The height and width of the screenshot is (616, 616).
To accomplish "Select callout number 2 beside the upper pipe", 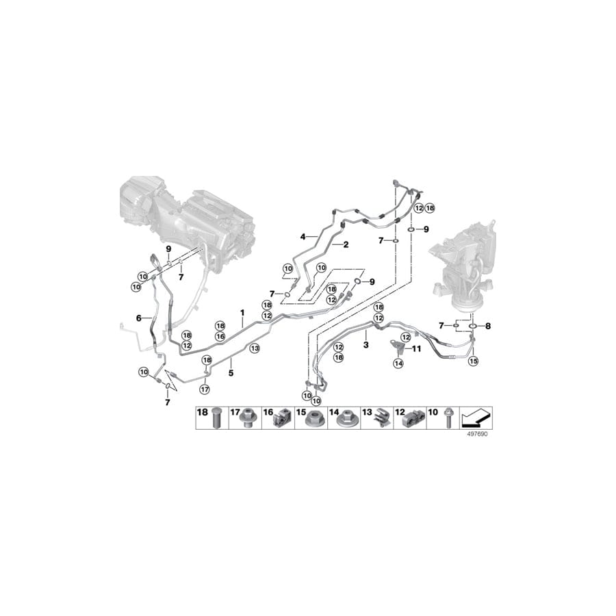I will point(346,244).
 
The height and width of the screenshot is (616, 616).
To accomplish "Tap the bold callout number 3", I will point(366,346).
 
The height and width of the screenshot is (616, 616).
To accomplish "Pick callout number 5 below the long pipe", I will point(231,373).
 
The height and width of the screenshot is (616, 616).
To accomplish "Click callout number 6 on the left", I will point(139,318).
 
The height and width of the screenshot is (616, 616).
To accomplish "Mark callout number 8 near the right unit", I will point(488,326).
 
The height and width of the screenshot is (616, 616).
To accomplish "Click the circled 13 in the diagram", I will point(254,348).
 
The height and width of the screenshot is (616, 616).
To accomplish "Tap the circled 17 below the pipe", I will point(203,389).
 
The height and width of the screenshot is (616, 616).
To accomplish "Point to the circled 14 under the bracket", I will point(397,365).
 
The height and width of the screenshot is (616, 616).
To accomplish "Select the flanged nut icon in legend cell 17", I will point(246,420).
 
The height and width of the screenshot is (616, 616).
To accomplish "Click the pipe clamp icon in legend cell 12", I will point(412,419).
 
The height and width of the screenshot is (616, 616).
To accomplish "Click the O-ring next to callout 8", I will point(473,326).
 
